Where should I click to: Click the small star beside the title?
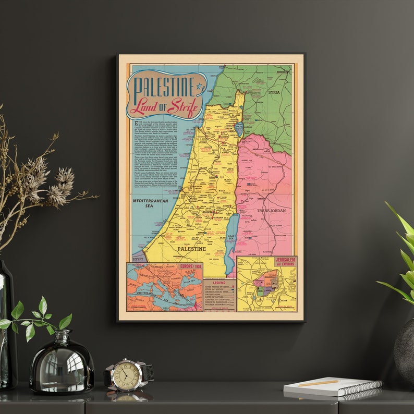click(199, 87)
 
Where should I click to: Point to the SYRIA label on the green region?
click(274, 92)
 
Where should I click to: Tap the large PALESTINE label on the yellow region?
click(192, 249)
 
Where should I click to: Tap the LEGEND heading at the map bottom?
click(219, 282)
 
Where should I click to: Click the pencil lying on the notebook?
click(318, 383)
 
